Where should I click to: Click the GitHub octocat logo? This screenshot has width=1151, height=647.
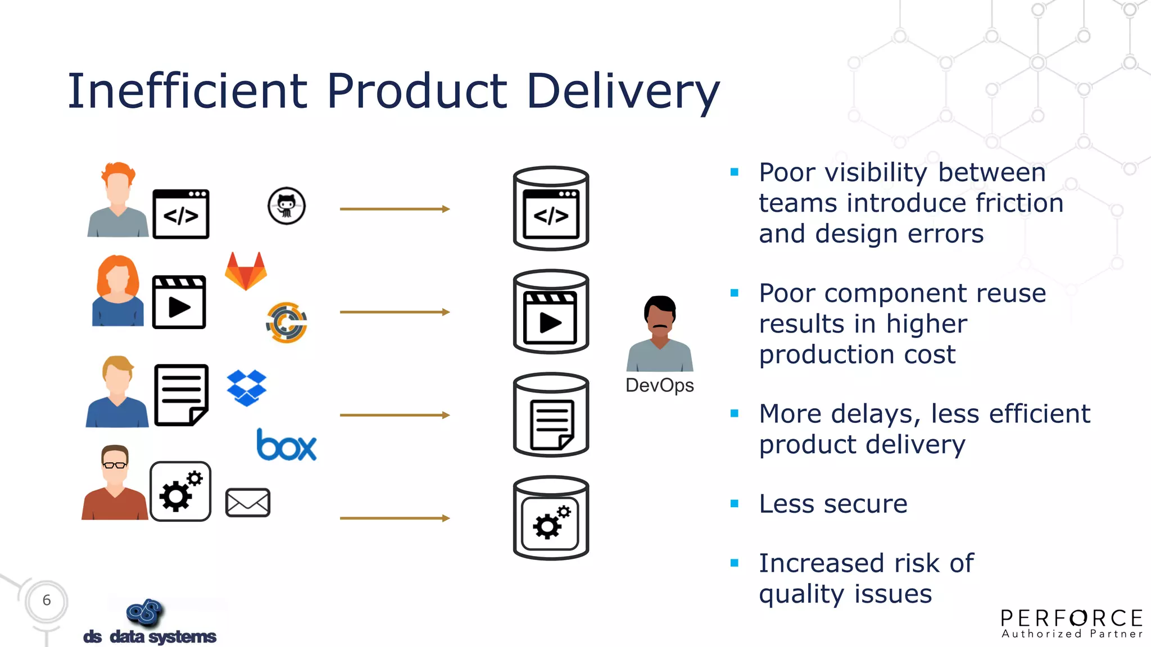tap(287, 206)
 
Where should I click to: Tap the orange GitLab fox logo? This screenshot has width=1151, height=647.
tap(246, 272)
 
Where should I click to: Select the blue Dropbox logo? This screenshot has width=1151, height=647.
tap(247, 388)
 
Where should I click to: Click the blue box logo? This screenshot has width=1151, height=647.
tap(287, 446)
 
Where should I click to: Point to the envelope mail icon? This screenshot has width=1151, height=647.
tap(248, 503)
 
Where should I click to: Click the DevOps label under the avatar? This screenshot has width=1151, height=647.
tap(659, 385)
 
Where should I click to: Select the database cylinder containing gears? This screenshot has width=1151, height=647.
tap(551, 518)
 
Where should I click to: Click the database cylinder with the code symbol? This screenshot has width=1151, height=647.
tap(551, 208)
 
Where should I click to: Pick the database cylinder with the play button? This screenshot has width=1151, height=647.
tap(551, 312)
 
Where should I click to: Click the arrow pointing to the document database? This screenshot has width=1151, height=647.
tap(395, 415)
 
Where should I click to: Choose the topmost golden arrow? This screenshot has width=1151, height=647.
tap(395, 209)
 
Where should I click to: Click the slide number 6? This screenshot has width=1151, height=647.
tap(47, 600)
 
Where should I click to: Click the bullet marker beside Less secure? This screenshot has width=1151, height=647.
tap(734, 504)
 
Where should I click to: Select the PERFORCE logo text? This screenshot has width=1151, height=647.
tap(1072, 618)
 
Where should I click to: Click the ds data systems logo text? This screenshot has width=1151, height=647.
tap(149, 636)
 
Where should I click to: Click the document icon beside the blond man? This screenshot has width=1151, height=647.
tap(181, 395)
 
